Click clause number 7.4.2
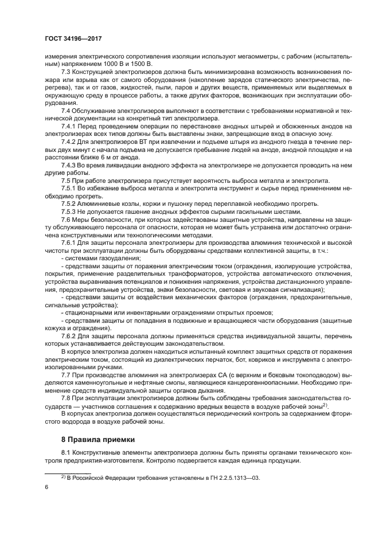coord(69,141)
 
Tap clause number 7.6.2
coord(69,336)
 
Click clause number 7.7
coord(67,375)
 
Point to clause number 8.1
coord(67,453)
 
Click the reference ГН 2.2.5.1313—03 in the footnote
coord(229,477)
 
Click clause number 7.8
coord(67,398)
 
